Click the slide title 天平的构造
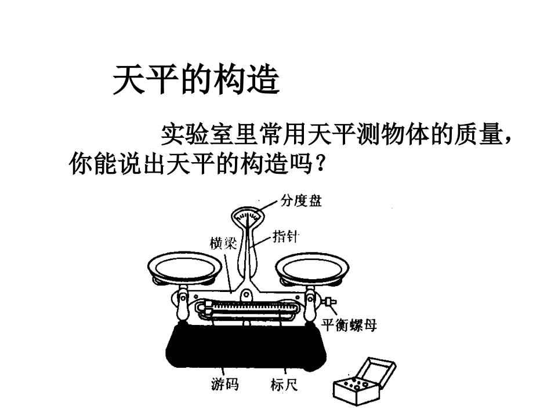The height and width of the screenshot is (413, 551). tap(196, 80)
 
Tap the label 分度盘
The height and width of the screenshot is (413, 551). tap(301, 201)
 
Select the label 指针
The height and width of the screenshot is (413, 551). tap(285, 236)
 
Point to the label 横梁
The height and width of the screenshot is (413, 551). tap(223, 243)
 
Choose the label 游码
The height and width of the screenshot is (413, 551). tap(224, 384)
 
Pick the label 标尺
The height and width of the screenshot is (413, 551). tap(284, 384)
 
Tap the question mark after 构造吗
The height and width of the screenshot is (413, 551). tap(318, 166)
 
